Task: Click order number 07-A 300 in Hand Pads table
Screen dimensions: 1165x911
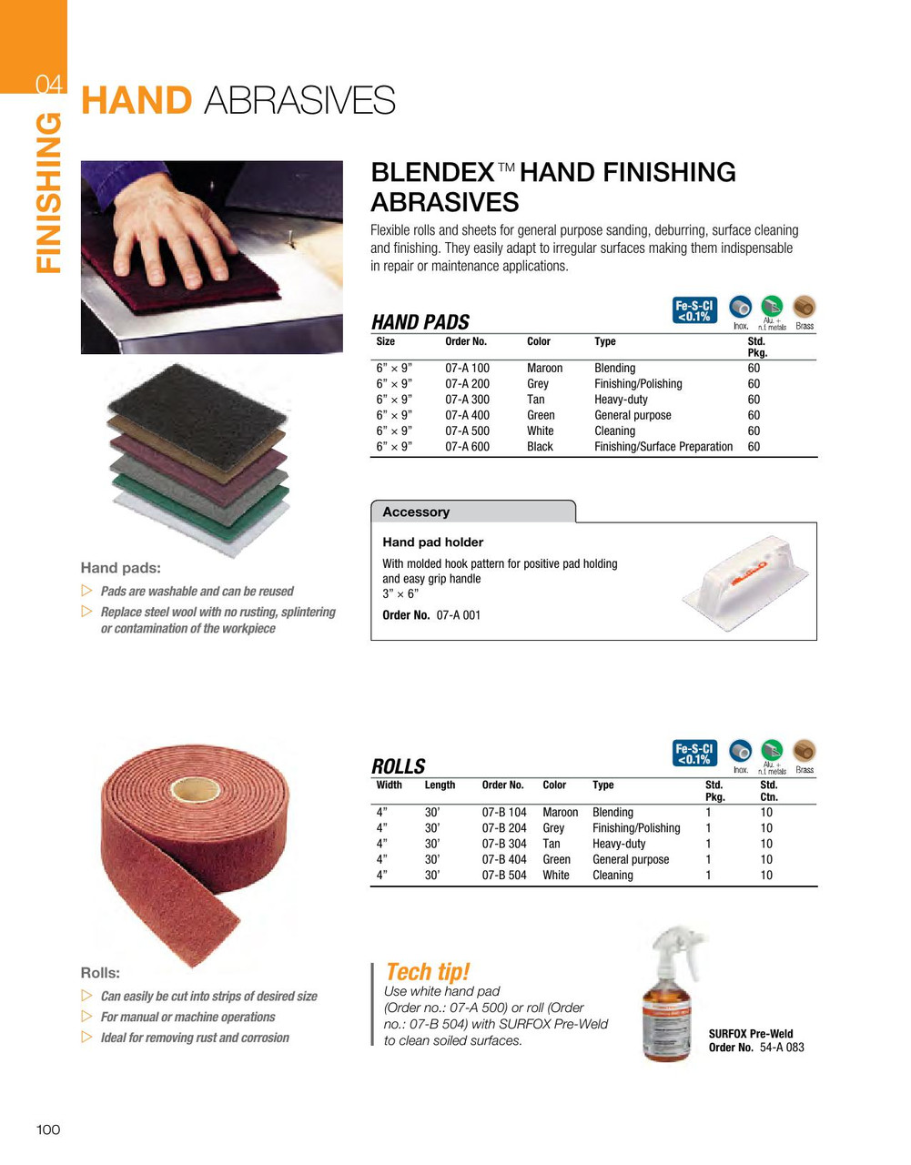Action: coord(467,400)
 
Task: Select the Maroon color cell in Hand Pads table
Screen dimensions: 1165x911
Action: coord(544,369)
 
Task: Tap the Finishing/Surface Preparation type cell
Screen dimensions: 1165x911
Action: coord(663,447)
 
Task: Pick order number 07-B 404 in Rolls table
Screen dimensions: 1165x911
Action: coord(504,859)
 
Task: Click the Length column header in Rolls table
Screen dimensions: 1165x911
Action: coord(440,785)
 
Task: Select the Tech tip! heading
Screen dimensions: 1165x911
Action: coord(427,971)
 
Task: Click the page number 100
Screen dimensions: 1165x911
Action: coord(48,1130)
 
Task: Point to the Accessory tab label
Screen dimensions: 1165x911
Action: coord(416,512)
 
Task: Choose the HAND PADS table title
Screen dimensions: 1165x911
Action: coord(420,322)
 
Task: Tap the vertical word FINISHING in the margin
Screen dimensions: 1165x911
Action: coord(49,193)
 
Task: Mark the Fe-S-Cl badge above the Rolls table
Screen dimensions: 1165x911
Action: coord(694,754)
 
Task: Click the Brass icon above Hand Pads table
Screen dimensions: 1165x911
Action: coord(805,308)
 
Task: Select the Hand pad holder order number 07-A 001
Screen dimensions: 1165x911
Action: coord(459,615)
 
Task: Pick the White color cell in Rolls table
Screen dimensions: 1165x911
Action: coord(555,876)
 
